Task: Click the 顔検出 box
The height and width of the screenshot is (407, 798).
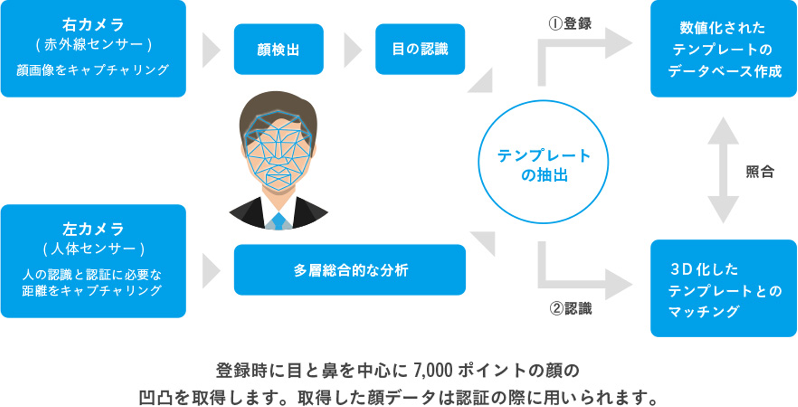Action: pyautogui.click(x=278, y=49)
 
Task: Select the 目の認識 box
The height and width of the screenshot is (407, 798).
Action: pyautogui.click(x=420, y=49)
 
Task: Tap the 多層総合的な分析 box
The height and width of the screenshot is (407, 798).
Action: pyautogui.click(x=350, y=270)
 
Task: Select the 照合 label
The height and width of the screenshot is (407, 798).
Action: pyautogui.click(x=760, y=172)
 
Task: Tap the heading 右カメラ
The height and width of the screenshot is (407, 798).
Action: pyautogui.click(x=93, y=25)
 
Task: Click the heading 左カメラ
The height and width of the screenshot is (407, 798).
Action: pyautogui.click(x=93, y=229)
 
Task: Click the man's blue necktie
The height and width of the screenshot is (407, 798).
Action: pyautogui.click(x=279, y=220)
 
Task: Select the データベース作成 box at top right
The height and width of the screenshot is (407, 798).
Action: pyautogui.click(x=723, y=49)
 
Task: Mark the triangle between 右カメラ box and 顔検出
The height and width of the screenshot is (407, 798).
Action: pyautogui.click(x=210, y=49)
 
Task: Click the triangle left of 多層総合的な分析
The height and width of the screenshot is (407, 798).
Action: pyautogui.click(x=210, y=270)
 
